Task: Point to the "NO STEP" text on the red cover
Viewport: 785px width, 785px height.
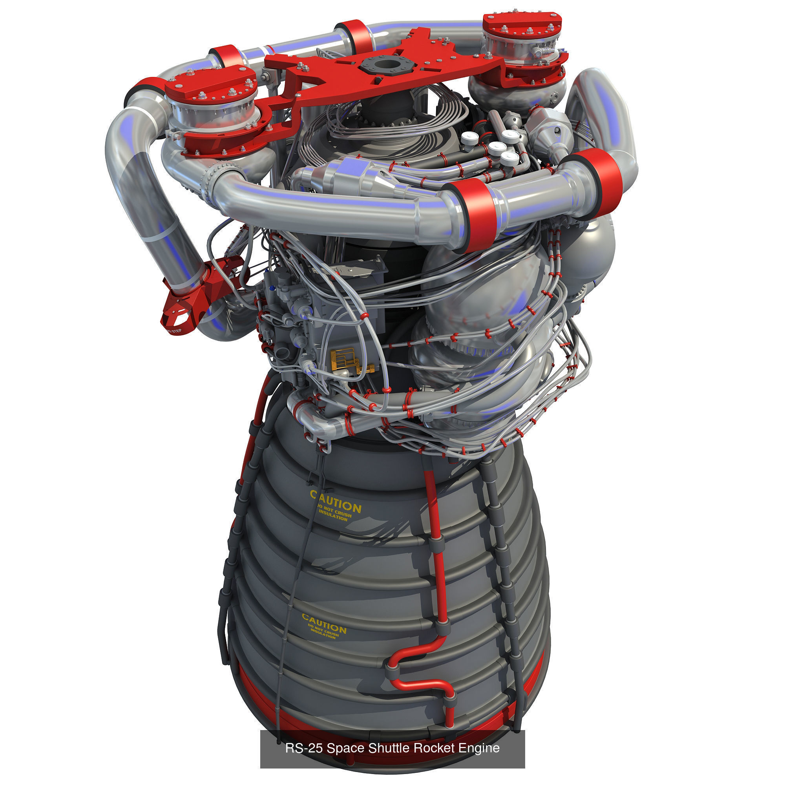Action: [x=174, y=331]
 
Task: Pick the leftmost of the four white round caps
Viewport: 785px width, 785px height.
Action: [x=469, y=139]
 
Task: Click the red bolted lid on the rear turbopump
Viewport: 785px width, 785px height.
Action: [x=522, y=22]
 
